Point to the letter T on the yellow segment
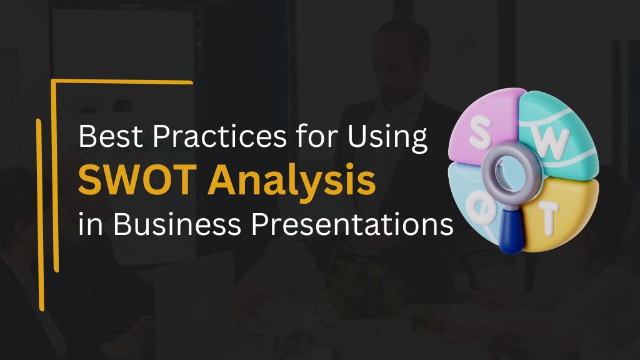(547, 219)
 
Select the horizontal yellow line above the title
(122, 82)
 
